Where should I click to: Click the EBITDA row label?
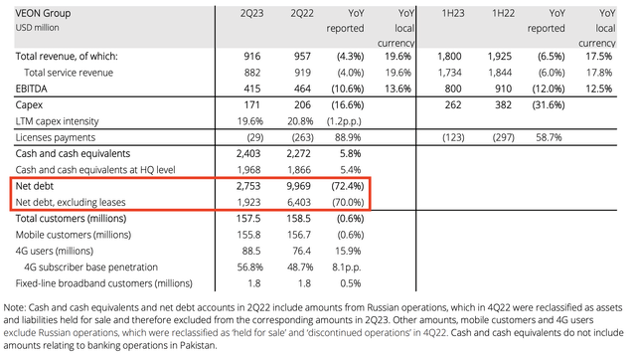33,89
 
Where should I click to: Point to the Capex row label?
31,104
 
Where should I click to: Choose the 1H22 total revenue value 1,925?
507,57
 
